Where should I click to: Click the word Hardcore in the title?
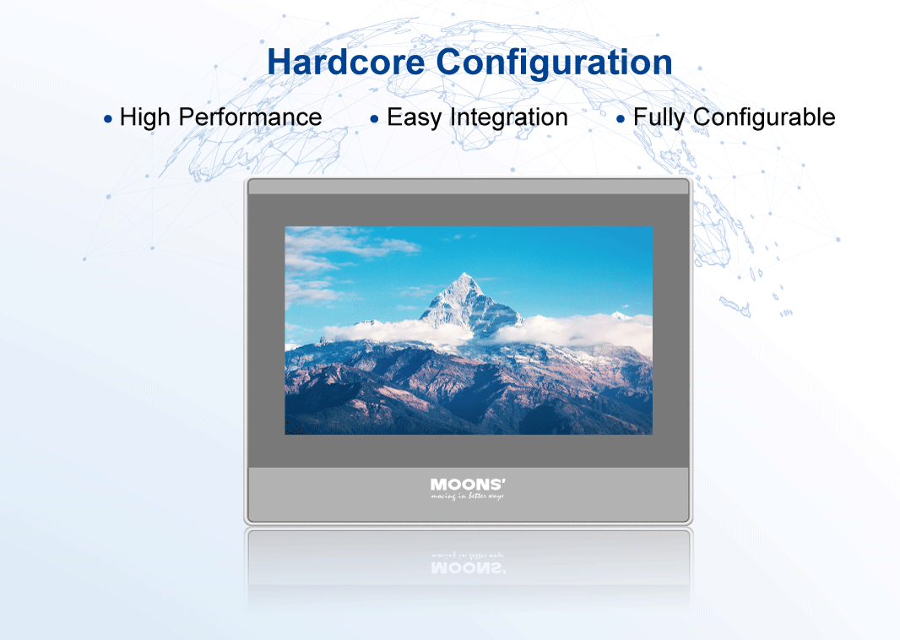tap(346, 62)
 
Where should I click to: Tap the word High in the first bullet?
tap(144, 117)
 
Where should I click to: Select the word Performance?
tap(250, 117)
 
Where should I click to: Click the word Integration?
tap(509, 118)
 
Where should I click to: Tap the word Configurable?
tap(764, 117)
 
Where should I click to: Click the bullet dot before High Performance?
tap(108, 119)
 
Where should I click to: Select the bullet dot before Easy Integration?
tap(375, 119)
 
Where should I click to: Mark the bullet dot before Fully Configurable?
tap(621, 119)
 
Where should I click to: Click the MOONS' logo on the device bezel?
tap(468, 485)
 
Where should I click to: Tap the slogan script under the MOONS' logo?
tap(467, 496)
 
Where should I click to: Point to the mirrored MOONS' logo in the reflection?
tap(468, 568)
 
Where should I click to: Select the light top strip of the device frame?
tap(469, 187)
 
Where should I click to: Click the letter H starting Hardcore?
tap(280, 62)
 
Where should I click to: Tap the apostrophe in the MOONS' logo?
tap(503, 481)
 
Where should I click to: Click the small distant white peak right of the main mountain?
tap(620, 315)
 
